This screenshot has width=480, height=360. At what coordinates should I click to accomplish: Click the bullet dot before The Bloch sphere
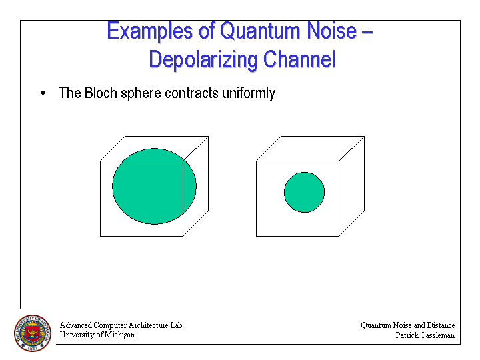point(43,93)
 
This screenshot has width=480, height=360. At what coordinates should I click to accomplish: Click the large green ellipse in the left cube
point(154,186)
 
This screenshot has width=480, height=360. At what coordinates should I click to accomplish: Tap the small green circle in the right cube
point(304,192)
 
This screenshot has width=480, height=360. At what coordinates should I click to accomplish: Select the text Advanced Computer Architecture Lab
point(121,325)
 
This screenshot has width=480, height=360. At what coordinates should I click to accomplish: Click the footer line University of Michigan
point(97,335)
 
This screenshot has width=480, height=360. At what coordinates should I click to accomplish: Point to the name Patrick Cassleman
point(425,335)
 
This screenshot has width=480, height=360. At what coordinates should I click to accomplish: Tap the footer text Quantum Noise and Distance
point(408,325)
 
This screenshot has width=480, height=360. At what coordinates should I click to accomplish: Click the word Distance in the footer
point(440,325)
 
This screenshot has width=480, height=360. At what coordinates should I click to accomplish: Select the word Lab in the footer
point(175,325)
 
